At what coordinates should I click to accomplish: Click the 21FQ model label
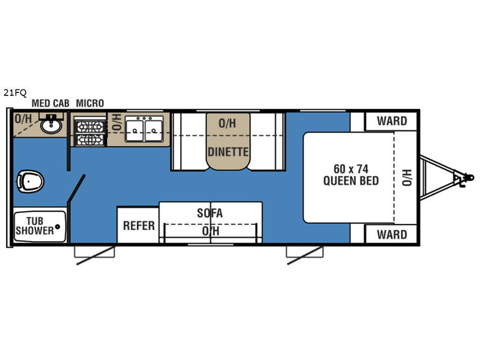pyautogui.click(x=15, y=92)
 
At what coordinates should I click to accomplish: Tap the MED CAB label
pyautogui.click(x=50, y=103)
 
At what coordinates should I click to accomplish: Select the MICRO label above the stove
pyautogui.click(x=90, y=103)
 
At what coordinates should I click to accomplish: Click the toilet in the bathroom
pyautogui.click(x=30, y=182)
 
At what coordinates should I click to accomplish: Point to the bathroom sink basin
pyautogui.click(x=51, y=125)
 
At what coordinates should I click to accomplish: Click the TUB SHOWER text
pyautogui.click(x=35, y=226)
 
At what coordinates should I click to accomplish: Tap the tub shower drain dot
pyautogui.click(x=57, y=227)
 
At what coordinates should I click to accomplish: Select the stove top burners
pyautogui.click(x=89, y=133)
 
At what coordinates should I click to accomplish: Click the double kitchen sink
pyautogui.click(x=144, y=129)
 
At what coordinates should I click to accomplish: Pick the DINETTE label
pyautogui.click(x=228, y=152)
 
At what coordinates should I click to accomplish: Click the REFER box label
pyautogui.click(x=139, y=226)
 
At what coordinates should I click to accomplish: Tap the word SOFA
pyautogui.click(x=209, y=213)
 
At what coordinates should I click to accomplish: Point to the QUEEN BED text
pyautogui.click(x=351, y=181)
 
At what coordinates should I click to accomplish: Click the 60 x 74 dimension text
pyautogui.click(x=351, y=169)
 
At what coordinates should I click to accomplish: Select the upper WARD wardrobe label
pyautogui.click(x=392, y=121)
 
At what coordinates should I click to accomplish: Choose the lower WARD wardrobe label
pyautogui.click(x=392, y=235)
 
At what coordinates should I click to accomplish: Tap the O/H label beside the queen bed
pyautogui.click(x=407, y=178)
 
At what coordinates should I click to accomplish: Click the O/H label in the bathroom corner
pyautogui.click(x=23, y=119)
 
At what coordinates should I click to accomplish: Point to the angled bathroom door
pyautogui.click(x=76, y=188)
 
